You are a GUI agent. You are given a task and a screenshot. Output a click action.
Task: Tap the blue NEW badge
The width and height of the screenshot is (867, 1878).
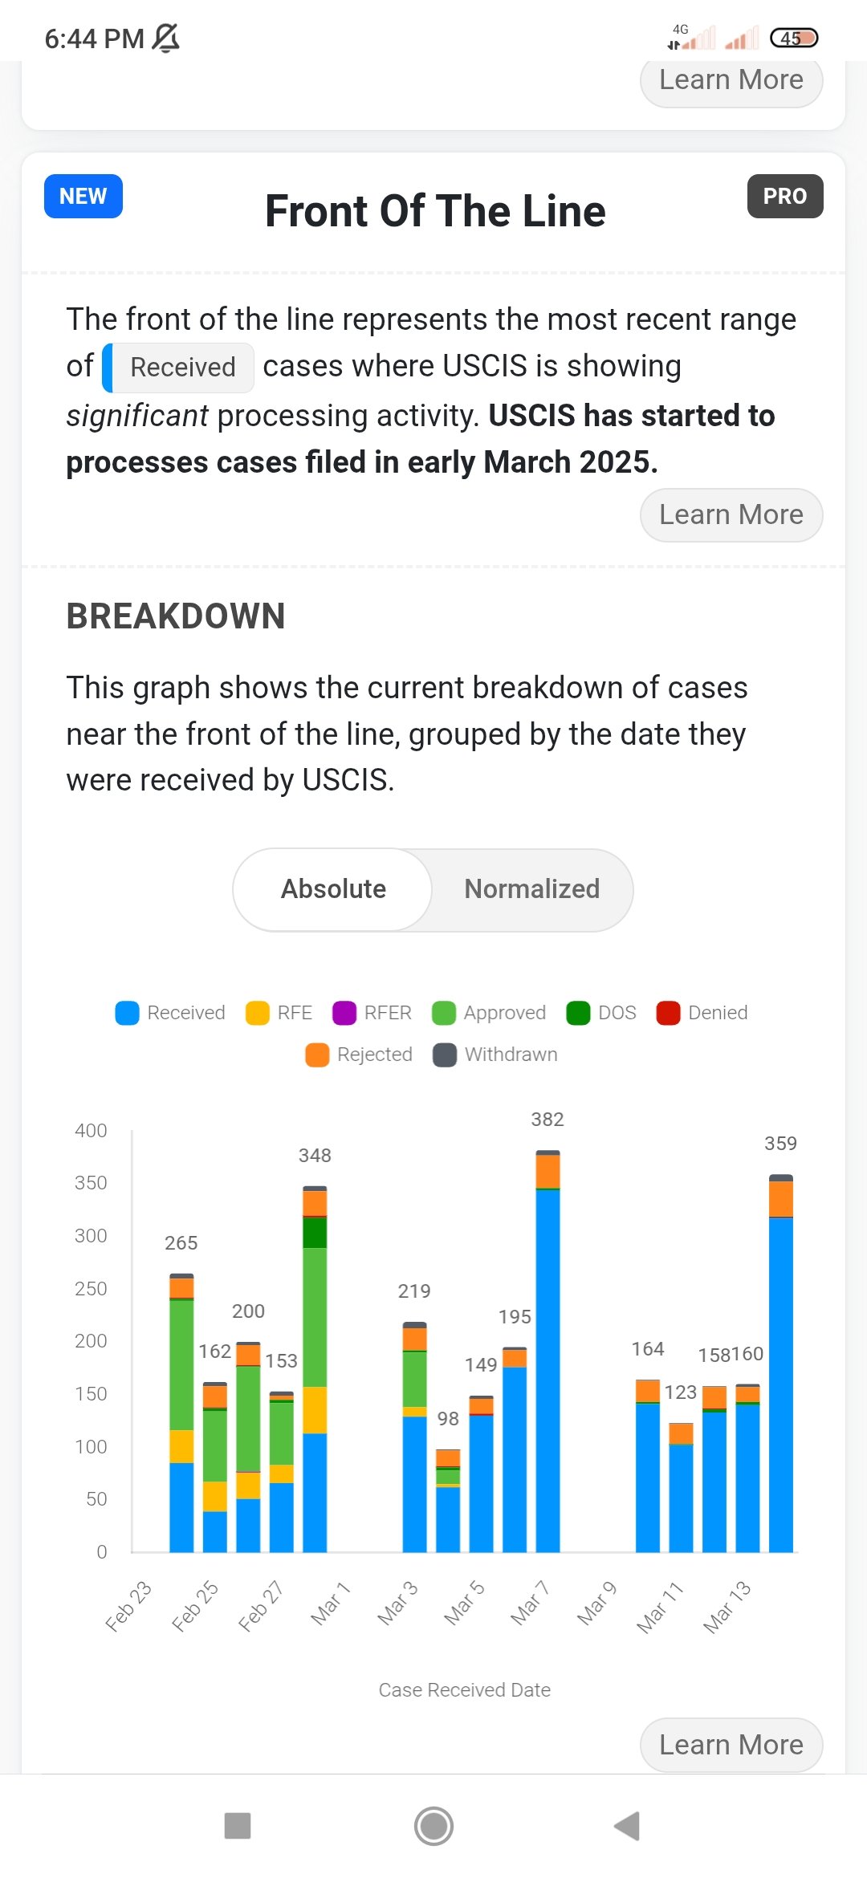point(83,196)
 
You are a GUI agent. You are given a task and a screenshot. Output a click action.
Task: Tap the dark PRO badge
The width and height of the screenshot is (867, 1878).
point(785,196)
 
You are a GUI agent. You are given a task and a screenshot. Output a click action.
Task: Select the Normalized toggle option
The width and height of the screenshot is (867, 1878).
point(531,889)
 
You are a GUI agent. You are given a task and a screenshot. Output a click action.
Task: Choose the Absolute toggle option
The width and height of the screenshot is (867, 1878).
point(333,889)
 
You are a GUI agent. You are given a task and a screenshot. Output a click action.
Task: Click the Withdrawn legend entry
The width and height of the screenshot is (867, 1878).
point(495,1055)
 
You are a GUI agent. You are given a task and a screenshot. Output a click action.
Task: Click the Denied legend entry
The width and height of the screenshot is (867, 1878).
point(702,1013)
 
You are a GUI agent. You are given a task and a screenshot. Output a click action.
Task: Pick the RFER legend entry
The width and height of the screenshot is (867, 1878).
point(372,1013)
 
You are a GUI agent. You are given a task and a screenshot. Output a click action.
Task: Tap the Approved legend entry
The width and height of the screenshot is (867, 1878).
point(489,1013)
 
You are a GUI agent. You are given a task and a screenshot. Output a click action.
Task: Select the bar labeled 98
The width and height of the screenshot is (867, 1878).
point(448,1500)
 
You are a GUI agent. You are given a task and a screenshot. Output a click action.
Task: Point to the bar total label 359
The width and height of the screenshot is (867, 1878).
point(780,1144)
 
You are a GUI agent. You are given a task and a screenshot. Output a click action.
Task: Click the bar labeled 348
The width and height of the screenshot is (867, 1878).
point(315,1368)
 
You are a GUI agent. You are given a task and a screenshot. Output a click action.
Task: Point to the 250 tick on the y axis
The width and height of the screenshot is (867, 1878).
point(91,1289)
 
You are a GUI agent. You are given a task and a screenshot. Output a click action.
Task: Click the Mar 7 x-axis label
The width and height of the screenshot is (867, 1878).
point(530,1603)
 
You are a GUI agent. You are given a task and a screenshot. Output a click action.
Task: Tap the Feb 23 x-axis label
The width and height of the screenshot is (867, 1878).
point(128,1606)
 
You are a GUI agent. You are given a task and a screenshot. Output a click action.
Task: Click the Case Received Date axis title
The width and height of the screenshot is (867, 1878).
point(465,1690)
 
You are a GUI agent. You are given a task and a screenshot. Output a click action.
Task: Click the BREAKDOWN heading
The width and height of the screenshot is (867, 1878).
point(176,616)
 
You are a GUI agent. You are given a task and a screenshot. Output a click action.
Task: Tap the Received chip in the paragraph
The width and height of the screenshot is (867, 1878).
point(178,368)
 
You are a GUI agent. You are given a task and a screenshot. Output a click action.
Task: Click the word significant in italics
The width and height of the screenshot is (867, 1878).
point(137,416)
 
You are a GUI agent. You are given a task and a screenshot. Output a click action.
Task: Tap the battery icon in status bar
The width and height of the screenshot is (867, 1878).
point(793,38)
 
